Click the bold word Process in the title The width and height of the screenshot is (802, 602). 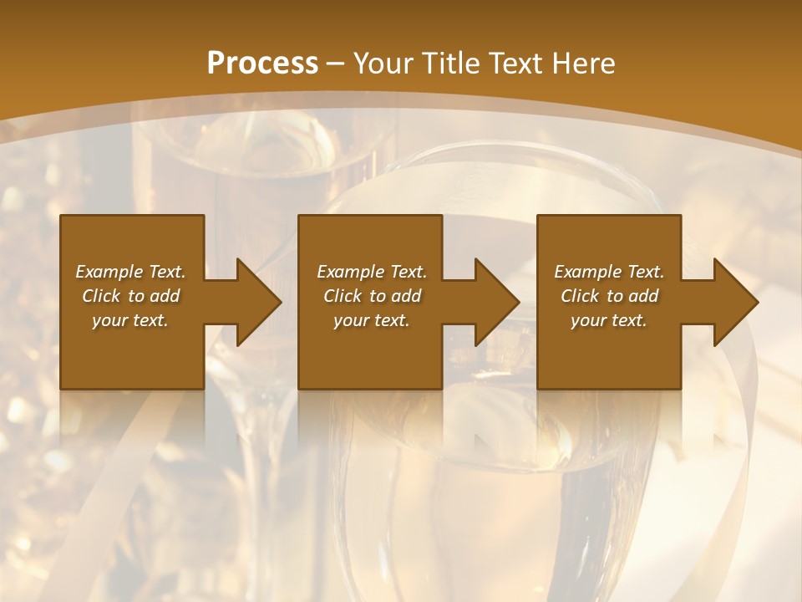point(262,64)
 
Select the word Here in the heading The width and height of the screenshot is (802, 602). point(583,64)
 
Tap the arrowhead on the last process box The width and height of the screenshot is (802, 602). point(734,302)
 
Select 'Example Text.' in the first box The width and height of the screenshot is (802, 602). point(130,272)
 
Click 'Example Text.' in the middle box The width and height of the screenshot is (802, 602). point(372,272)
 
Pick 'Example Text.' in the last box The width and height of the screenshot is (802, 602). point(609,272)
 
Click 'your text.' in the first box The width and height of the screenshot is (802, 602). point(130,320)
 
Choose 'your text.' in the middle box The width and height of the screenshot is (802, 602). point(372,320)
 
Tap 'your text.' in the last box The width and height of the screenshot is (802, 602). point(609,320)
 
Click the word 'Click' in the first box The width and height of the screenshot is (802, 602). point(101,296)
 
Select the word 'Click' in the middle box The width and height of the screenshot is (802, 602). point(343,296)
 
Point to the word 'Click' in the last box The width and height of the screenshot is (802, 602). point(580,296)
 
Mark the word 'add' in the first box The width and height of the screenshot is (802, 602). point(165,296)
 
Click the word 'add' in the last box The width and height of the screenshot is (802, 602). point(644,296)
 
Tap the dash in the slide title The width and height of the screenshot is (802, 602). point(335,64)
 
